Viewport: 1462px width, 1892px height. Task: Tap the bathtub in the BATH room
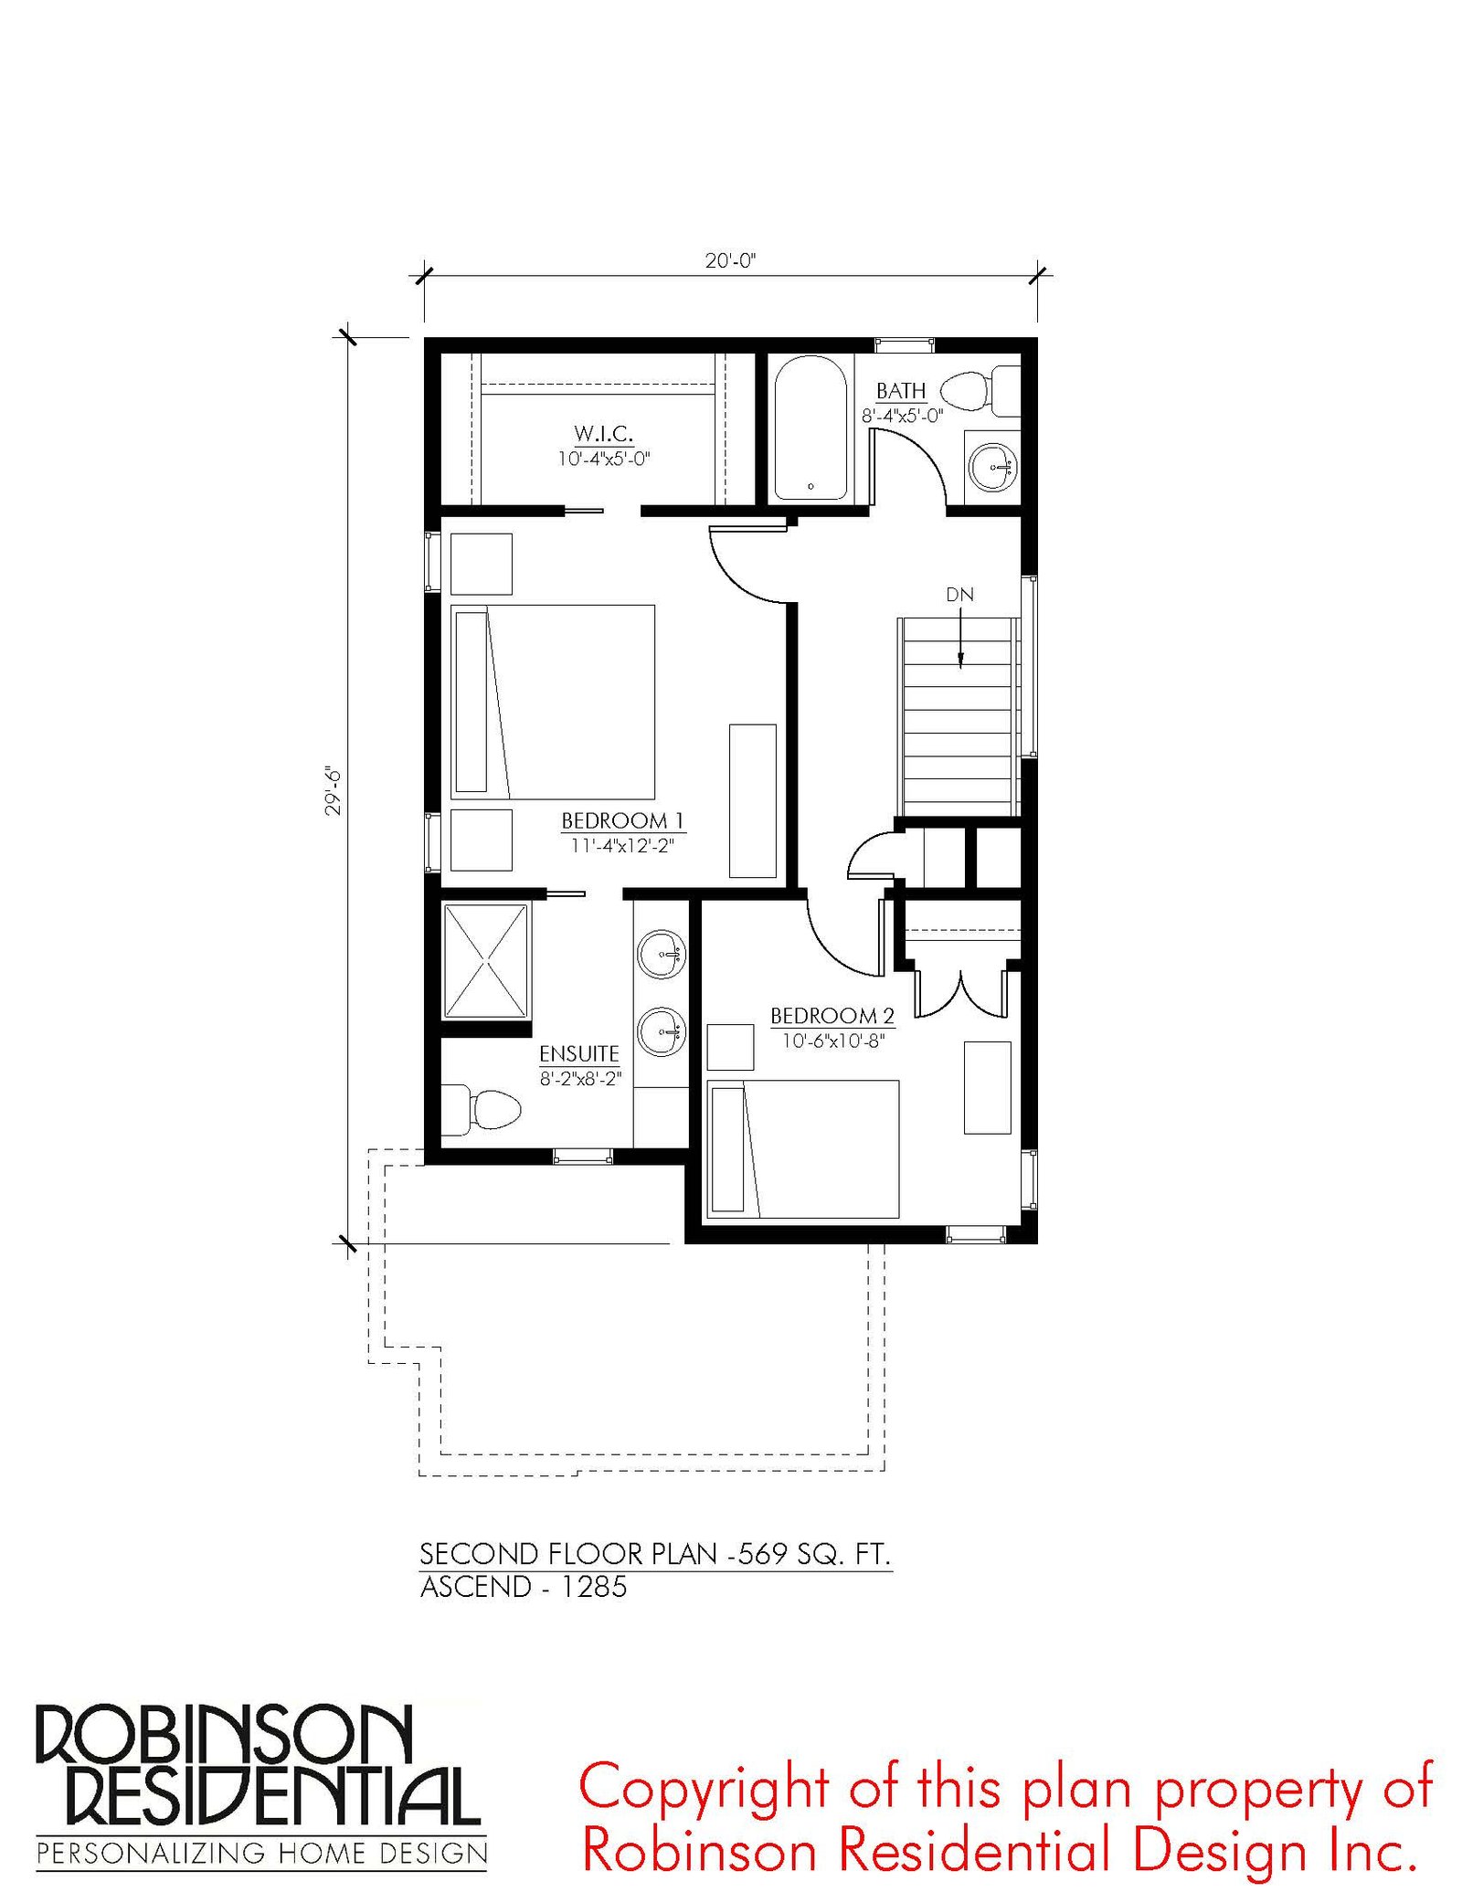click(810, 428)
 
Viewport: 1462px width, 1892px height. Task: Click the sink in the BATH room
click(992, 468)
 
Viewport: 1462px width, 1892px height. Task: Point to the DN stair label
click(959, 595)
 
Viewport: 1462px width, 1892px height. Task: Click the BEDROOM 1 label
click(623, 820)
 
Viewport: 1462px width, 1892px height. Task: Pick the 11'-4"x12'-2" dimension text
click(622, 846)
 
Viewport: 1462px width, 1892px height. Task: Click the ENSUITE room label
click(579, 1053)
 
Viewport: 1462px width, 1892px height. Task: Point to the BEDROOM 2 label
click(832, 1015)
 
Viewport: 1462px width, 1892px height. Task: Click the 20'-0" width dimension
click(731, 260)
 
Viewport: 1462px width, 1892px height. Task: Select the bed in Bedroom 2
click(803, 1149)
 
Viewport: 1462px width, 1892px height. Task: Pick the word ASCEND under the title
click(476, 1587)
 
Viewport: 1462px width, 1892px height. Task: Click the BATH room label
click(901, 391)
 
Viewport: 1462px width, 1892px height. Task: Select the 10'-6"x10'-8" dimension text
click(833, 1041)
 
